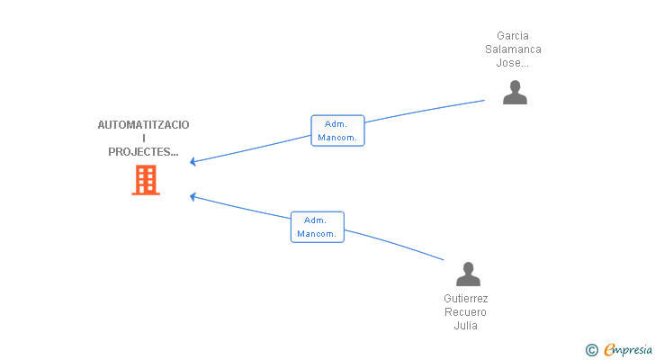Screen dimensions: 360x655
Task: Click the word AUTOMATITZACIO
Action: pos(144,125)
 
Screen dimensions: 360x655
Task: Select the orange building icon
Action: pos(145,180)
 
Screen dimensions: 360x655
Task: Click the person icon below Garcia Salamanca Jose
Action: pos(515,92)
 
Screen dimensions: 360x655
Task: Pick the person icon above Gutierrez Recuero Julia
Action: pos(468,274)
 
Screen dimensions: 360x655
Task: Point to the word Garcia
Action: pos(513,36)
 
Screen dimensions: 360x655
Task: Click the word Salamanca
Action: pos(513,49)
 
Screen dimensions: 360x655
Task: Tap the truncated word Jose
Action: pos(513,63)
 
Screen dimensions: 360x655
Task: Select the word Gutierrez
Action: pos(466,299)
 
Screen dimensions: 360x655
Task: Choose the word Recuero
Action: pos(466,312)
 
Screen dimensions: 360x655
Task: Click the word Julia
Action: pos(466,326)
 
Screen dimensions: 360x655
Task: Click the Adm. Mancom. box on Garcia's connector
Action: pos(337,130)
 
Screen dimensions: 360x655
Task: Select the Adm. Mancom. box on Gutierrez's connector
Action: pos(317,227)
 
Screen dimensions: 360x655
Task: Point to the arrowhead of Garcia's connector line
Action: pos(193,162)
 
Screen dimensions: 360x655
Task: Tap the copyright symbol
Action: pos(591,350)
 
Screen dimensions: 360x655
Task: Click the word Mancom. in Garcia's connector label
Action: pos(337,138)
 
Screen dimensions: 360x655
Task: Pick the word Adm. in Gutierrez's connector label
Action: pos(316,220)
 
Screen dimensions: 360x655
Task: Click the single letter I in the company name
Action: pos(144,139)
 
